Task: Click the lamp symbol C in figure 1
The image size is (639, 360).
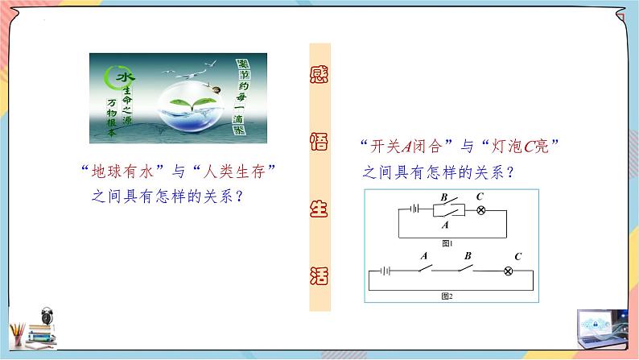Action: click(x=480, y=210)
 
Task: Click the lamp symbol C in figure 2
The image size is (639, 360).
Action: click(x=508, y=271)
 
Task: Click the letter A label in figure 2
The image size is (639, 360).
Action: click(x=423, y=255)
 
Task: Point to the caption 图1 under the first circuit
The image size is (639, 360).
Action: click(x=448, y=242)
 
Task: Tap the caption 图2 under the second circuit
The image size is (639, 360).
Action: click(x=447, y=296)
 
